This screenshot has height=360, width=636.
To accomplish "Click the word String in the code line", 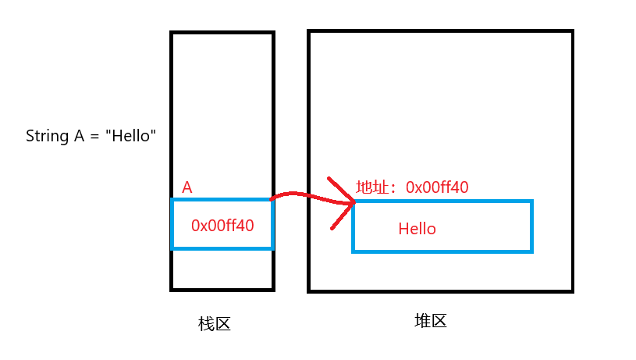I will [48, 136].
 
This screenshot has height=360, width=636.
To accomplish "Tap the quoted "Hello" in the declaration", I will [133, 136].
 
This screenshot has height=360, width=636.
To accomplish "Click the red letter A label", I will [187, 187].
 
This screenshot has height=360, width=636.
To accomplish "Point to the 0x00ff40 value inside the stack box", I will [222, 225].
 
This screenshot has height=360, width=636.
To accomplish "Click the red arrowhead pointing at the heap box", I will [343, 204].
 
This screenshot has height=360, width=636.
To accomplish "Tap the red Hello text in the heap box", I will [417, 229].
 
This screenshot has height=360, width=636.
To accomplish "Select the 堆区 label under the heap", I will [430, 321].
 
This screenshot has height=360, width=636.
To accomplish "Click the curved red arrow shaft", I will [300, 194].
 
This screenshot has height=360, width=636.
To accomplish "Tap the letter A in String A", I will [79, 136].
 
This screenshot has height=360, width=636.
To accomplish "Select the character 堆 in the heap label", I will [421, 321].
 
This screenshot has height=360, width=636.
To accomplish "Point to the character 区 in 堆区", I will [439, 321].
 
